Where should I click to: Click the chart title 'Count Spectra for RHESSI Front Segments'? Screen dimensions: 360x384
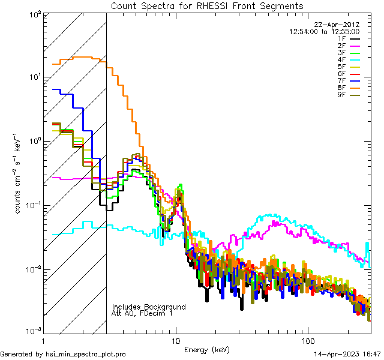tap(208, 5)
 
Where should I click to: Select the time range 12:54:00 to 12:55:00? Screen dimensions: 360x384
tap(325, 31)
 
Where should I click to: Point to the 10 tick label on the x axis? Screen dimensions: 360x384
tap(175, 340)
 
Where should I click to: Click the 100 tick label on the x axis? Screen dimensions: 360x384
tap(307, 340)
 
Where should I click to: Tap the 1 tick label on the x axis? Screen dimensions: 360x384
tap(43, 340)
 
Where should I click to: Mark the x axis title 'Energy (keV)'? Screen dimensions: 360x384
tap(207, 349)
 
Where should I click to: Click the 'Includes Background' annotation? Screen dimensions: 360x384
tap(149, 307)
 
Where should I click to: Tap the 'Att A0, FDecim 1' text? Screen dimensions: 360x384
tap(142, 313)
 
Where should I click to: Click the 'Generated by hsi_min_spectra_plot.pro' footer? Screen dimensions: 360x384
tap(63, 355)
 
